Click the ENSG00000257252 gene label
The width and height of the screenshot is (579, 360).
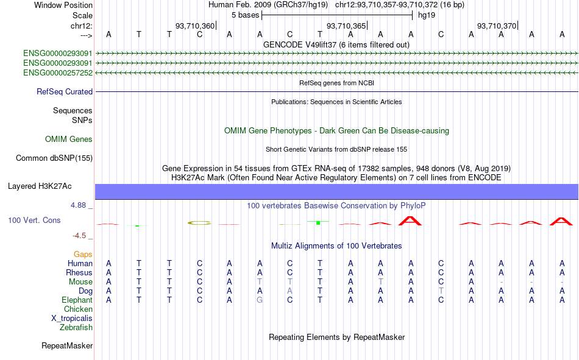point(58,72)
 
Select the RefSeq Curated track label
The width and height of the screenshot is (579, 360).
point(65,91)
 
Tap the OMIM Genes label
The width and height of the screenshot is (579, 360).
point(69,139)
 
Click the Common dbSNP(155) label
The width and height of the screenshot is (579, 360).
point(54,158)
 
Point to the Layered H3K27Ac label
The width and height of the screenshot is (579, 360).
point(40,186)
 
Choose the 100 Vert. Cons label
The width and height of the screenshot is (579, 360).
point(34,220)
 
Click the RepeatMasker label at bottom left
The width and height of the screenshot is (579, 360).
point(67,345)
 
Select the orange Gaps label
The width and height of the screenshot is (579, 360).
point(83,254)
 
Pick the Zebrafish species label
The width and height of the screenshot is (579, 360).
point(76,327)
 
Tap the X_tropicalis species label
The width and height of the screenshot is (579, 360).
point(72,319)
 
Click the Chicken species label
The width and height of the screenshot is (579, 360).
point(78,309)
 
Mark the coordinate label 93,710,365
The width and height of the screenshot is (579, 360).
point(346,26)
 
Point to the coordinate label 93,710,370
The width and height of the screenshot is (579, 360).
point(497,26)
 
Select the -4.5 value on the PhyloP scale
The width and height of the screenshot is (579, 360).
point(79,236)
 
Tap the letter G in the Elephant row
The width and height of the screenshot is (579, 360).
point(260,300)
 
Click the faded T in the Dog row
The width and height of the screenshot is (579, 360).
point(441,291)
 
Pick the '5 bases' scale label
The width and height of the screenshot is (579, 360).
point(246,15)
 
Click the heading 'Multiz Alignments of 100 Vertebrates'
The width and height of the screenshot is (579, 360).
point(336,246)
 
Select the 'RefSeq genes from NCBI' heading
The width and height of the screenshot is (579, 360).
point(337,83)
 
